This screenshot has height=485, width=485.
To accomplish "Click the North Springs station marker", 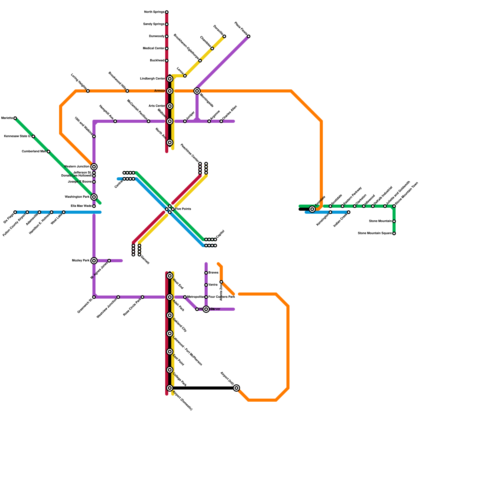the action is pos(167,12).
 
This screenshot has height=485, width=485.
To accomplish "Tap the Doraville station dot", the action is pos(224,36).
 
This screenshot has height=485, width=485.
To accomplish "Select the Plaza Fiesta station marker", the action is pos(249,36).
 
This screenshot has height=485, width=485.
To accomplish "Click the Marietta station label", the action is pos(7,118).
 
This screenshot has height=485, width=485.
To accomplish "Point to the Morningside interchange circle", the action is pos(197,91).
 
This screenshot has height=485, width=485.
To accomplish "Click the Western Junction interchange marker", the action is pos(94,167).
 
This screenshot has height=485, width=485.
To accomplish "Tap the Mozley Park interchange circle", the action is pos(94,261).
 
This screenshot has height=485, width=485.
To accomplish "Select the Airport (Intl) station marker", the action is pos(236,388).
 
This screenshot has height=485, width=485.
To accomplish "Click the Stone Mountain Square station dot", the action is pos(394,233).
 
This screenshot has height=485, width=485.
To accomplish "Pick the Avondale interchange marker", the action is pos(312,209).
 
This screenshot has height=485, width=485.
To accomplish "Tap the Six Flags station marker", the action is pos(15,212).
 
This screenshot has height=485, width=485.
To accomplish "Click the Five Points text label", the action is pos(183,209).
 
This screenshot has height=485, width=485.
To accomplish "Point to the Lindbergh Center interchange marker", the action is pos(170,79).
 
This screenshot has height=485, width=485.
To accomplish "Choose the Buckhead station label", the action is pos(157,61).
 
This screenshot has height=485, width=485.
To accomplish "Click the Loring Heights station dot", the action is pos(88,91).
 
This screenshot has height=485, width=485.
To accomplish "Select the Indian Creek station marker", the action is pos(349,212).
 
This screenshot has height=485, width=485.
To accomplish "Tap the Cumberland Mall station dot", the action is pos(48,152).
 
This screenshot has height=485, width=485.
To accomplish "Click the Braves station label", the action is pos(213,273).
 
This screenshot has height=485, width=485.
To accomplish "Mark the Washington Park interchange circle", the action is pos(94,197).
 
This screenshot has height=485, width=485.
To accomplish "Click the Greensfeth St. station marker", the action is pos(94,297).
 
